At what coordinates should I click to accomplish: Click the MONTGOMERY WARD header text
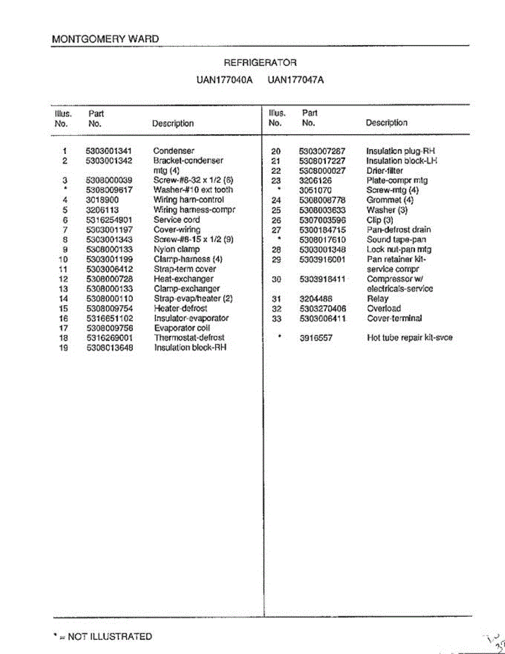pos(105,39)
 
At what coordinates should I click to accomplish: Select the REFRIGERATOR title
pos(260,63)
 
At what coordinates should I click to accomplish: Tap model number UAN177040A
pos(225,80)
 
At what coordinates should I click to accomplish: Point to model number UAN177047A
pos(296,80)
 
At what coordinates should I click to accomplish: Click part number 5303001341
pos(109,151)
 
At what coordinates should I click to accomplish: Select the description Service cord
pos(177,220)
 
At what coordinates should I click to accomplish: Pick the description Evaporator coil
pos(182,328)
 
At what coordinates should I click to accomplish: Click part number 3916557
pos(316,338)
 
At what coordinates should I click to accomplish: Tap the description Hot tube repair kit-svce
pos(410,338)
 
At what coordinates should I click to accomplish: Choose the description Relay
pos(378,299)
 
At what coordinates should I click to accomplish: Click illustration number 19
pos(63,348)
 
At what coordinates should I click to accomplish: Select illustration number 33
pos(276,318)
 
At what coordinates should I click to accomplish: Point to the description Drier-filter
pos(385,171)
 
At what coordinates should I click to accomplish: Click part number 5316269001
pos(109,338)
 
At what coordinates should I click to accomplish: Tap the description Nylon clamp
pos(177,249)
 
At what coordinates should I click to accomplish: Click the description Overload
pos(384,308)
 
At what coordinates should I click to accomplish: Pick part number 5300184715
pos(323,230)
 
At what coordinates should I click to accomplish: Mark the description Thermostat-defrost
pos(189,338)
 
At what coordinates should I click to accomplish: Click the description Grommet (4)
pos(390,200)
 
